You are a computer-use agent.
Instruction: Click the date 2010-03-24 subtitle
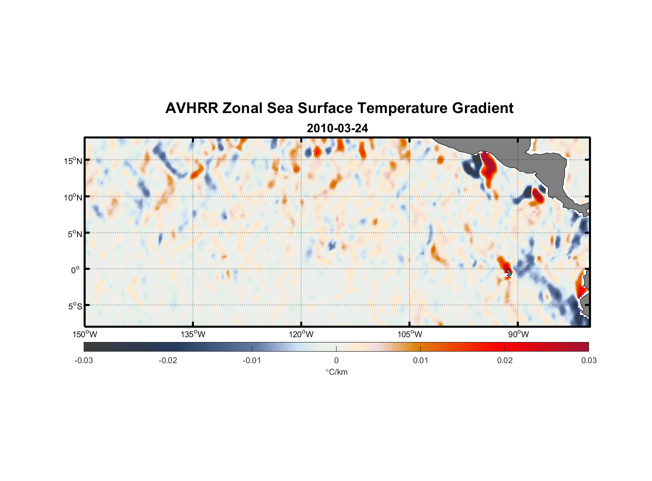tap(337, 128)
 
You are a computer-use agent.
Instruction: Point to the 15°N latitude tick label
tap(73, 161)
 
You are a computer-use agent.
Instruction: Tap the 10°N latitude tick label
tap(73, 197)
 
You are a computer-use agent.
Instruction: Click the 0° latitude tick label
tap(75, 270)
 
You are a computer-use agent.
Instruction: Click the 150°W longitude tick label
tap(85, 334)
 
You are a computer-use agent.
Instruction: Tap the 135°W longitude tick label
tap(193, 334)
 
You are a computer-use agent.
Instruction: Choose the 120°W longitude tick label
tap(301, 334)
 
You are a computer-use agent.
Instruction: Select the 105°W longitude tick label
tap(410, 334)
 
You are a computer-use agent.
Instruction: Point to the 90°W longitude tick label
tap(518, 334)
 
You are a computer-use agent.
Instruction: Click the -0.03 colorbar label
tap(84, 360)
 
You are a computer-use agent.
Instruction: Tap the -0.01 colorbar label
tap(252, 360)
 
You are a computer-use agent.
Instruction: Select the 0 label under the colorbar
tap(336, 360)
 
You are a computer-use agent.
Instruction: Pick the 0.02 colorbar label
tap(505, 360)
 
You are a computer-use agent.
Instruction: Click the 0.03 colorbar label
tap(589, 360)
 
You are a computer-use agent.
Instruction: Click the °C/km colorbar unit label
tap(336, 372)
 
